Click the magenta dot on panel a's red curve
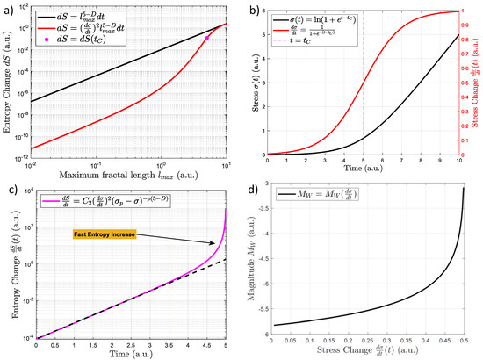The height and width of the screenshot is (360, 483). click(x=206, y=38)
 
